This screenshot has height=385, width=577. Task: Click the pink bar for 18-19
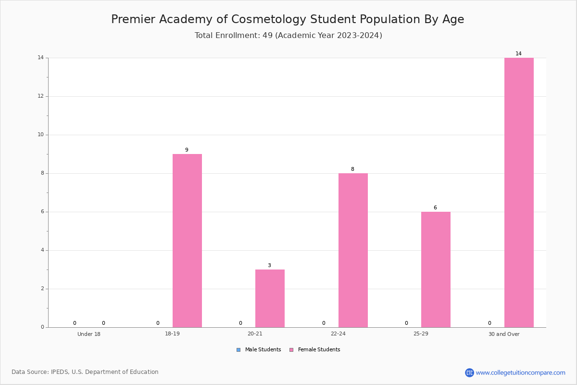coord(187,241)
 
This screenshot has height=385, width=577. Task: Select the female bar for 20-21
coord(270,298)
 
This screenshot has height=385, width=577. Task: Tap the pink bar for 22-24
coord(353,250)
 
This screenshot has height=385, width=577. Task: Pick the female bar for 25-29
coord(436,269)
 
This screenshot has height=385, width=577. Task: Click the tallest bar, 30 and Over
coord(519,192)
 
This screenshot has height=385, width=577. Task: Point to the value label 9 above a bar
coord(187,150)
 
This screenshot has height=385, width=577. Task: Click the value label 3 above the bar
coord(269,265)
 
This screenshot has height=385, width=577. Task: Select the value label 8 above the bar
coord(352,169)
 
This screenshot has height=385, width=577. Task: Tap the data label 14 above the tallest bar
coord(518,53)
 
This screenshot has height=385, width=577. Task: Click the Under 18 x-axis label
coord(89,334)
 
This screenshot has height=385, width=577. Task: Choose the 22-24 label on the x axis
coord(338,334)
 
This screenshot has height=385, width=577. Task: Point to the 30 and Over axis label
coord(504,334)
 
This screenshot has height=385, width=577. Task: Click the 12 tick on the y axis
coord(41,96)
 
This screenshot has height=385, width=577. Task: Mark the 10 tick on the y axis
coord(41,134)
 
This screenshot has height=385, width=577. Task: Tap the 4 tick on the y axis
coord(42,250)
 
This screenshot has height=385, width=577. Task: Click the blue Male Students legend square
coord(238,350)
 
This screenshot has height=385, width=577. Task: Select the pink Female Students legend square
coord(291,350)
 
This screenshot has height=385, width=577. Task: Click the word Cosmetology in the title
coord(269,19)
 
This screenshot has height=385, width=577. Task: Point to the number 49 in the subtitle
coord(268,35)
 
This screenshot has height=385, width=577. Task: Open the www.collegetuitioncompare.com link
coord(521,372)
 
